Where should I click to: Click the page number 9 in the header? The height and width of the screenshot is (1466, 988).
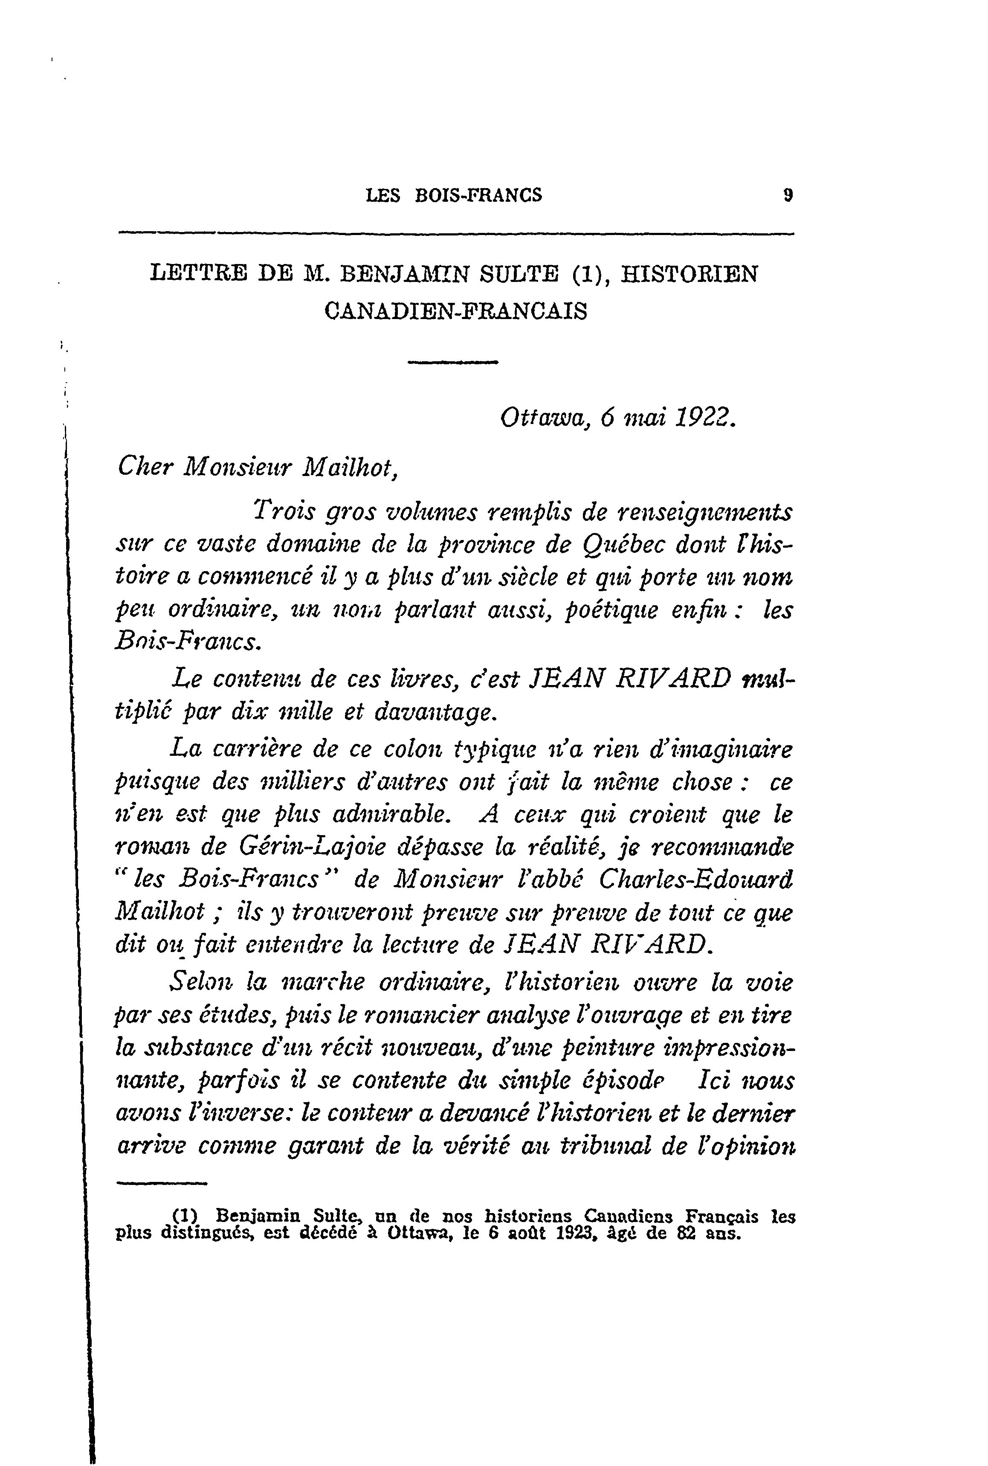787,195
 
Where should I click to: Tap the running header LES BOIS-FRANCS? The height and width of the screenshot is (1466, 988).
454,195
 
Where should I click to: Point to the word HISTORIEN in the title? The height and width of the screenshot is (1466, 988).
690,274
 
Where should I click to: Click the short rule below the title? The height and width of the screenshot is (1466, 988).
453,362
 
